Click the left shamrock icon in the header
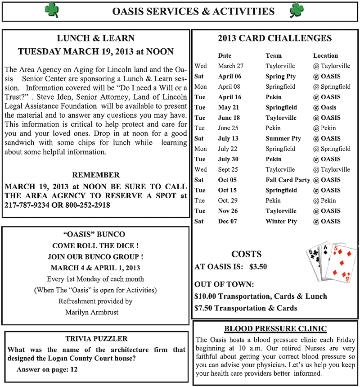pos(52,10)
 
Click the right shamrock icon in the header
pos(297,10)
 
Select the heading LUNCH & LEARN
pos(96,38)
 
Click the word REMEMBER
pos(96,175)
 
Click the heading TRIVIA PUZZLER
pos(96,338)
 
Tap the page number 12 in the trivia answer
pos(74,369)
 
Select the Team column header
pos(274,55)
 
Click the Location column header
pos(325,55)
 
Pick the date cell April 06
pos(229,76)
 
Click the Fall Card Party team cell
pos(288,180)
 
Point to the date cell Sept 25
pos(228,169)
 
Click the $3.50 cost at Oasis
pos(258,267)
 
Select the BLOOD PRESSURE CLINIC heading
pos(275,328)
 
